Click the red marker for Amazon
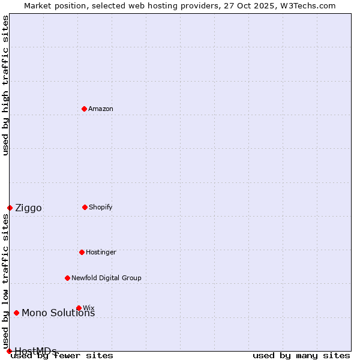pyautogui.click(x=84, y=109)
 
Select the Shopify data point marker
pyautogui.click(x=85, y=207)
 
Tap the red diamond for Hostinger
pyautogui.click(x=82, y=252)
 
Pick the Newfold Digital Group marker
pyautogui.click(x=67, y=278)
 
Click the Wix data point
pyautogui.click(x=79, y=308)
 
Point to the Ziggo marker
pyautogui.click(x=10, y=208)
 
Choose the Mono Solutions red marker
pyautogui.click(x=16, y=313)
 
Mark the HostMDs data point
pyautogui.click(x=9, y=351)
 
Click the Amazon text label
pyautogui.click(x=101, y=109)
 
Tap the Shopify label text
pyautogui.click(x=101, y=207)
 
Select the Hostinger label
pyautogui.click(x=101, y=252)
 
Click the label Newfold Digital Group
pyautogui.click(x=106, y=278)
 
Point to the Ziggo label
pyautogui.click(x=28, y=208)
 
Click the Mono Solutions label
pyautogui.click(x=58, y=313)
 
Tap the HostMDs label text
pyautogui.click(x=35, y=351)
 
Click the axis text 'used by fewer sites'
pyautogui.click(x=62, y=356)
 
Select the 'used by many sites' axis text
pyautogui.click(x=301, y=356)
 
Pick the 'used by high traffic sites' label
pyautogui.click(x=6, y=85)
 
